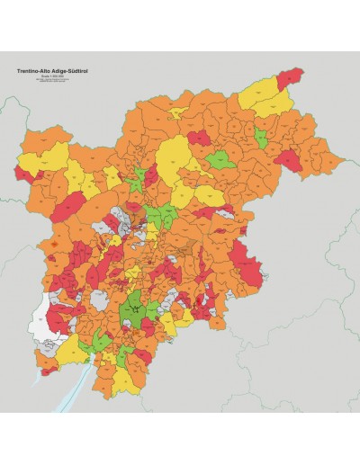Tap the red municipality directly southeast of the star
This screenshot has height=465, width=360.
pyautogui.click(x=153, y=327)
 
